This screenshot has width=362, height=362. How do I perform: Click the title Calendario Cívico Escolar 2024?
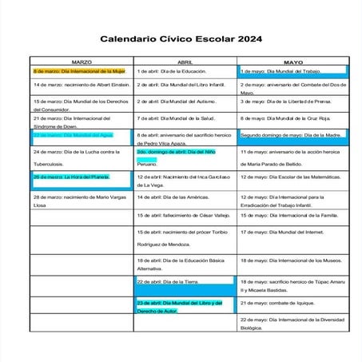coord(181,38)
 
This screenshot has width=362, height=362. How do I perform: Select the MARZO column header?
coord(82,62)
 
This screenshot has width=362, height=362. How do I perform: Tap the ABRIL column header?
coord(185,62)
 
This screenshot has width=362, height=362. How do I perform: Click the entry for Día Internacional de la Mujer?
coord(80,71)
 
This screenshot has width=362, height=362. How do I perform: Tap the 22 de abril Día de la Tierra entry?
coord(169,282)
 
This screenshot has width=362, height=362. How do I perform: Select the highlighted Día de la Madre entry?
coord(291,135)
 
